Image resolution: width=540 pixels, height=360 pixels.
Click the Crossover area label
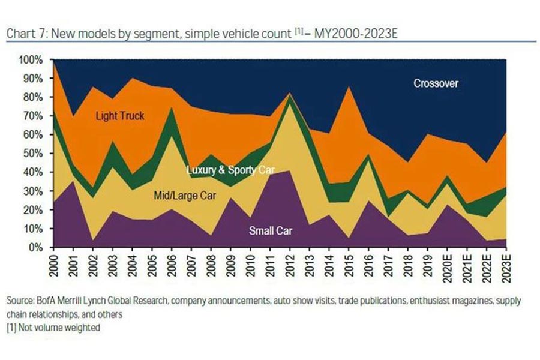click(436, 83)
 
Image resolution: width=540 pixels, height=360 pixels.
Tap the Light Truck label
click(120, 116)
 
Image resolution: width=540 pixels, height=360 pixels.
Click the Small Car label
click(270, 229)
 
